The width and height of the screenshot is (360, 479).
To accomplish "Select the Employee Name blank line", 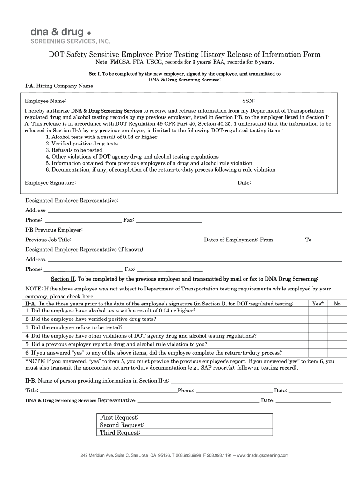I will coord(154,101).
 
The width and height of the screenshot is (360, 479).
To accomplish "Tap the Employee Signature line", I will coord(156,183).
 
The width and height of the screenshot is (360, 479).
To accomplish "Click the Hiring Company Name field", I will coord(218,87).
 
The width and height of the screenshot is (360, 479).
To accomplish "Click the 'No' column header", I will coord(337,304).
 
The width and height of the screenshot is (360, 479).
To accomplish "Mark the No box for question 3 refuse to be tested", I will coord(337,327).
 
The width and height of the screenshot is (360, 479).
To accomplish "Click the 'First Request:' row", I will coord(185,417).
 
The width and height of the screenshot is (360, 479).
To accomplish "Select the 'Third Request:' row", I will coord(185,433).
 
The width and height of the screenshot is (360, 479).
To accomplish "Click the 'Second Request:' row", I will coord(185,425).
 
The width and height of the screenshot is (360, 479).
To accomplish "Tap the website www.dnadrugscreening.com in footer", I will coord(263,455).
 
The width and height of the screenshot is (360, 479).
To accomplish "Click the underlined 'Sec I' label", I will coord(94,74).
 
